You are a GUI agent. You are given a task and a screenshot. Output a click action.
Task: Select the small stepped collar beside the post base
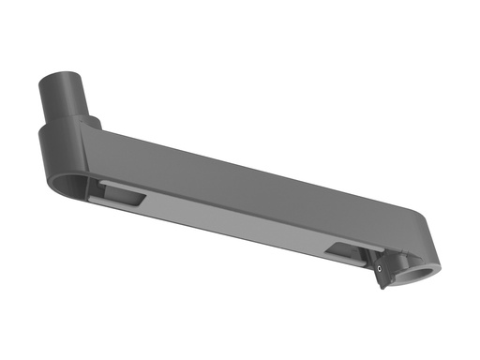[x=93, y=122]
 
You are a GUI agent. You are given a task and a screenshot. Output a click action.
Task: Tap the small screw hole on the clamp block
[x=379, y=267]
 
